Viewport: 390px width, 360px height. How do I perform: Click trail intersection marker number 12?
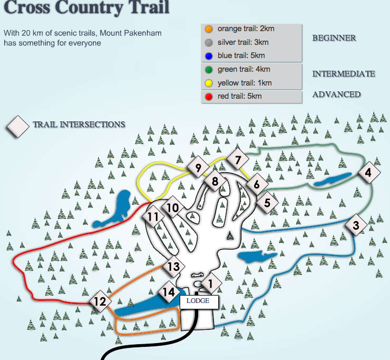click(99, 302)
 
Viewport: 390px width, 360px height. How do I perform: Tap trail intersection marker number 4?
click(368, 172)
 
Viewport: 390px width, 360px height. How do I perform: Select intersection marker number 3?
click(356, 225)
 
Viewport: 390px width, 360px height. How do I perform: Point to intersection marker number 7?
click(238, 160)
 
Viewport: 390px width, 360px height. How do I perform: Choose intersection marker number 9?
click(198, 169)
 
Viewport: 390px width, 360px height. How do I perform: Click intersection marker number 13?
click(173, 267)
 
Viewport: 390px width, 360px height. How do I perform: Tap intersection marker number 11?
click(153, 217)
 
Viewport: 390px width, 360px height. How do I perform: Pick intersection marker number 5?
click(267, 202)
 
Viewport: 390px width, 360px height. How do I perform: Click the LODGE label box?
click(198, 301)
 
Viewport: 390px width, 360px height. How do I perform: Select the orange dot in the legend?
click(209, 29)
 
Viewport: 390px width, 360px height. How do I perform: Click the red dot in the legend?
click(209, 96)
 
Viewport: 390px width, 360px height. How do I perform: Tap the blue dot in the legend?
click(209, 56)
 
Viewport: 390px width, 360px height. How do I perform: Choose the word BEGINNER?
click(334, 38)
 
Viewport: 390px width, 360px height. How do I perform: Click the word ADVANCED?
click(336, 94)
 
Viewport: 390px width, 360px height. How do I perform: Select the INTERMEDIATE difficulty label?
click(343, 74)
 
